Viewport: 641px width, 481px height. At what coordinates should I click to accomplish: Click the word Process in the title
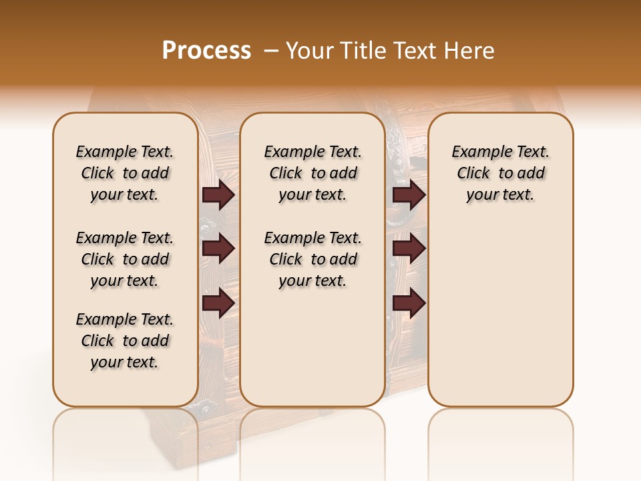(x=206, y=50)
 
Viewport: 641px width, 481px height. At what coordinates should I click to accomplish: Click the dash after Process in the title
(x=270, y=51)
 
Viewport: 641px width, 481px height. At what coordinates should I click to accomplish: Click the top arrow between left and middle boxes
(x=218, y=194)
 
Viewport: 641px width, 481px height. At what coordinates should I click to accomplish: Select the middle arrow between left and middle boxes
(x=218, y=249)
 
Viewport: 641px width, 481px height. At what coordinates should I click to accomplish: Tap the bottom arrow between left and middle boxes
(x=218, y=303)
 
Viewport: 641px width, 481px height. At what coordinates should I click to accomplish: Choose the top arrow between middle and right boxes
(x=409, y=194)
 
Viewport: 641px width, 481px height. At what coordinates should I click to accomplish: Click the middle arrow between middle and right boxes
(x=409, y=249)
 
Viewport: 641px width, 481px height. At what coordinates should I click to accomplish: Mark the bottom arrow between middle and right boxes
(x=409, y=303)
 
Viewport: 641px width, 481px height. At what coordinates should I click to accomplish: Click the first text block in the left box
(x=125, y=173)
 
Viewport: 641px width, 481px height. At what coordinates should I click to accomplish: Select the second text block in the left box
(x=125, y=259)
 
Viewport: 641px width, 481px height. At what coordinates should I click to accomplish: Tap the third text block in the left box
(x=125, y=341)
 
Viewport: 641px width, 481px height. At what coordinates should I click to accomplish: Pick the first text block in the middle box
(x=312, y=173)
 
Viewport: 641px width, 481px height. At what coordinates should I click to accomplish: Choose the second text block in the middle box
(x=312, y=259)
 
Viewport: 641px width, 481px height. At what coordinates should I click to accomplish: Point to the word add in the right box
(x=531, y=174)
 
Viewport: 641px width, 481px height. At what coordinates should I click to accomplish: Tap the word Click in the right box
(x=473, y=174)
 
